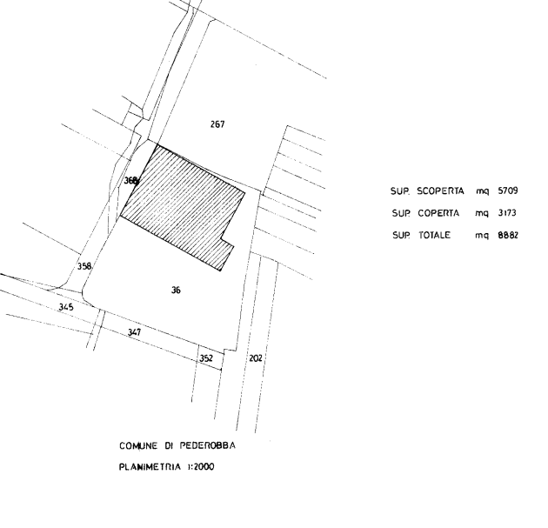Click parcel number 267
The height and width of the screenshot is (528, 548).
point(217,124)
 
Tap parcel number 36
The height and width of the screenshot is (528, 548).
point(176,290)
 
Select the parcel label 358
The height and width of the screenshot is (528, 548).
point(84,266)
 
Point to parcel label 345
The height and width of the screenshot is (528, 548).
point(66,307)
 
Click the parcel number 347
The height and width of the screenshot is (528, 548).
point(134,332)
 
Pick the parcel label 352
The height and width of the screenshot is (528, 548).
point(206,358)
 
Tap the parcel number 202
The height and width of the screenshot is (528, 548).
point(256,358)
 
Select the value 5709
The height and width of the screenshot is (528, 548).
point(508,190)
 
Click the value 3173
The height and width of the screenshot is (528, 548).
point(507,213)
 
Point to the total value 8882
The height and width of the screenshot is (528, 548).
point(508,235)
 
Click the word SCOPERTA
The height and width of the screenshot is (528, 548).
point(440,191)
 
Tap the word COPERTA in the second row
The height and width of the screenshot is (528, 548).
point(438,213)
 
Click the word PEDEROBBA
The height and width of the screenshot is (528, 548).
point(208,445)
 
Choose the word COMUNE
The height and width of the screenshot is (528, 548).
point(137,446)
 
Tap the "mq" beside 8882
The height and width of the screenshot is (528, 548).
point(481,236)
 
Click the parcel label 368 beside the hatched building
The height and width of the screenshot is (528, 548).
point(131,181)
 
